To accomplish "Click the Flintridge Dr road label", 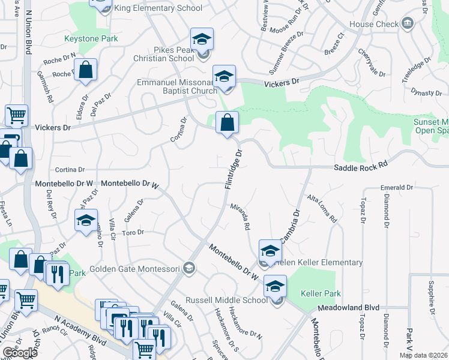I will [x=234, y=170].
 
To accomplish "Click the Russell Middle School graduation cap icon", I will [x=275, y=286].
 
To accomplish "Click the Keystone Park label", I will [x=91, y=39].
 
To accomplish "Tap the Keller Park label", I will [x=321, y=294].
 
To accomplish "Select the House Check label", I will [x=374, y=24].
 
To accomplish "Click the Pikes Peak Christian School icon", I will [x=202, y=40].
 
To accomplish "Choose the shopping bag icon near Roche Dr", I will [x=86, y=70].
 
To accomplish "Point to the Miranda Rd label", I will [x=240, y=217].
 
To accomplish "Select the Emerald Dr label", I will [x=397, y=188].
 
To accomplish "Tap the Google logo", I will [x=20, y=353].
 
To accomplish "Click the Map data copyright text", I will [x=423, y=355].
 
